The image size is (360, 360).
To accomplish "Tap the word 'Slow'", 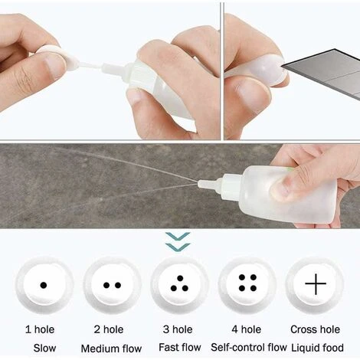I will coord(44,349).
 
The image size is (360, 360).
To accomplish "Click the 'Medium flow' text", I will coord(111,349).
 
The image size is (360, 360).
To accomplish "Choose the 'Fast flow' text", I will coord(179,349).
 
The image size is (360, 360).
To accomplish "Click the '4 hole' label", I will coord(247,329).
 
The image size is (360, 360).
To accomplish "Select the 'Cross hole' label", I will coord(315,329).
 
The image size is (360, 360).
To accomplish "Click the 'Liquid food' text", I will coord(315,349).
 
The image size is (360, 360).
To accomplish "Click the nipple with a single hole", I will coord(44,285).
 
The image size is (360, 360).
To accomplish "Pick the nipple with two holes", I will coord(112,285).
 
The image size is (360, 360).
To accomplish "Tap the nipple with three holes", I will coord(179,285).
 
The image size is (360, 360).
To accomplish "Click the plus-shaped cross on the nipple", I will coord(315,284).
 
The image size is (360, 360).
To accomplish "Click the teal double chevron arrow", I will coord(178,242).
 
